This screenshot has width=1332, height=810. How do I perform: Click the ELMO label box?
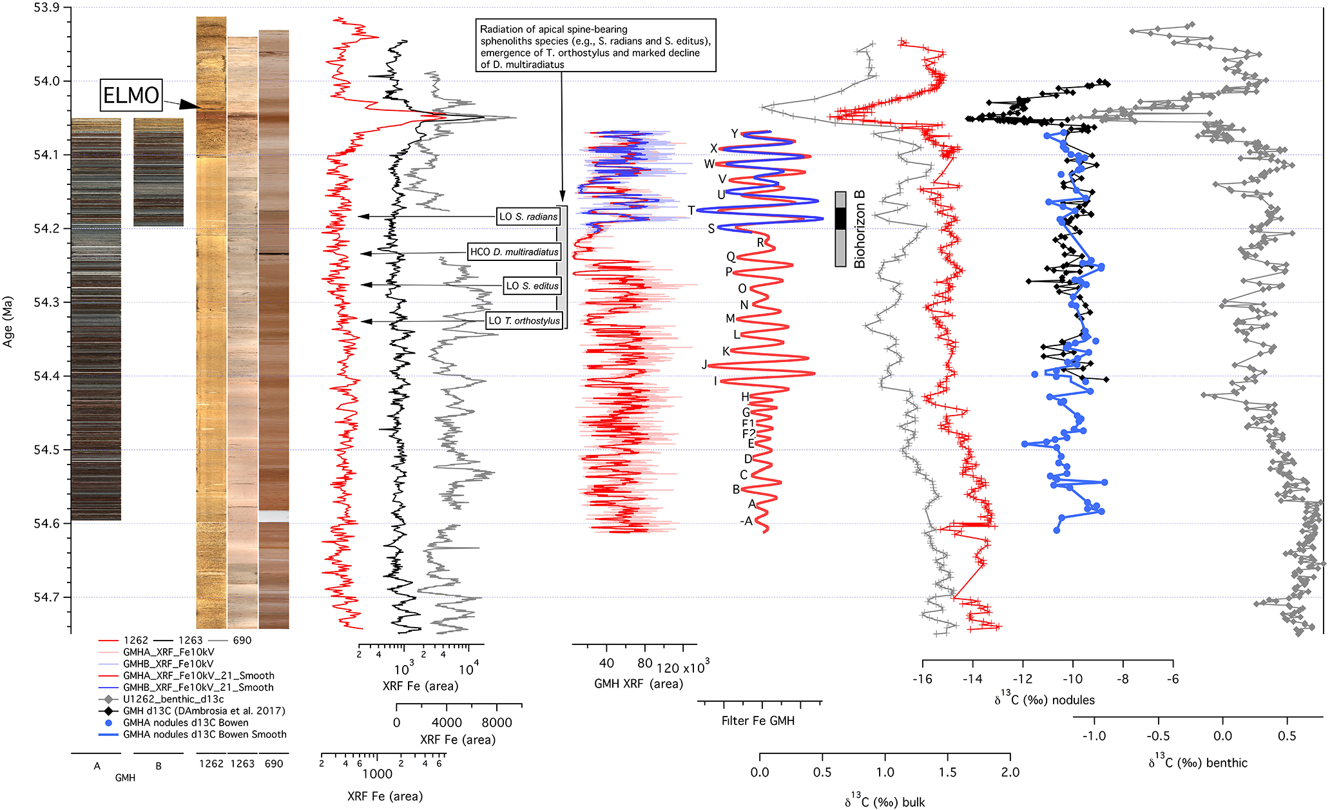pyautogui.click(x=131, y=95)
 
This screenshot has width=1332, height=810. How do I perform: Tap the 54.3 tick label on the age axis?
pyautogui.click(x=46, y=302)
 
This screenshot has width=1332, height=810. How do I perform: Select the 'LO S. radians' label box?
pyautogui.click(x=528, y=217)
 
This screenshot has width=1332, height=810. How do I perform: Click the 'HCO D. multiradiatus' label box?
pyautogui.click(x=514, y=252)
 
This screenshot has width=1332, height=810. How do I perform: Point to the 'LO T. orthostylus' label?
pyautogui.click(x=524, y=321)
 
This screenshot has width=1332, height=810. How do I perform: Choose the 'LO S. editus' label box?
pyautogui.click(x=532, y=286)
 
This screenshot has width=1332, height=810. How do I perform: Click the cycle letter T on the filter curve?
pyautogui.click(x=691, y=211)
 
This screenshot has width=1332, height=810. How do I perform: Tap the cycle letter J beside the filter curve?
pyautogui.click(x=704, y=365)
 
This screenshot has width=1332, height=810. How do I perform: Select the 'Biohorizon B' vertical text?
pyautogui.click(x=859, y=229)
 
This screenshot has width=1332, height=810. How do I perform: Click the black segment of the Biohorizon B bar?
pyautogui.click(x=840, y=218)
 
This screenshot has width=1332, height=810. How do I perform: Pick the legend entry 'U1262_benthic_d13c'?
pyautogui.click(x=173, y=699)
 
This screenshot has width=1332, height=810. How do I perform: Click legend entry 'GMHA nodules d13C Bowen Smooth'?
pyautogui.click(x=204, y=735)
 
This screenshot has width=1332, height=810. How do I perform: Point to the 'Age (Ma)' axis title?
pyautogui.click(x=8, y=322)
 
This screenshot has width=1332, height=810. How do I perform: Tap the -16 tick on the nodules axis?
pyautogui.click(x=922, y=679)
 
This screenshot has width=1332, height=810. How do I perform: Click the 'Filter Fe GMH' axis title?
pyautogui.click(x=758, y=721)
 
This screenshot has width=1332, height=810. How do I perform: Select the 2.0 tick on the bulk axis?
pyautogui.click(x=1010, y=772)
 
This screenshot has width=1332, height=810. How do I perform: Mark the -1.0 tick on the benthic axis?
pyautogui.click(x=1094, y=736)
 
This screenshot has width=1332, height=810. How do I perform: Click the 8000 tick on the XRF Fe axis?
pyautogui.click(x=497, y=723)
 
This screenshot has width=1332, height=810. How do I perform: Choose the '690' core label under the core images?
pyautogui.click(x=274, y=764)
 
